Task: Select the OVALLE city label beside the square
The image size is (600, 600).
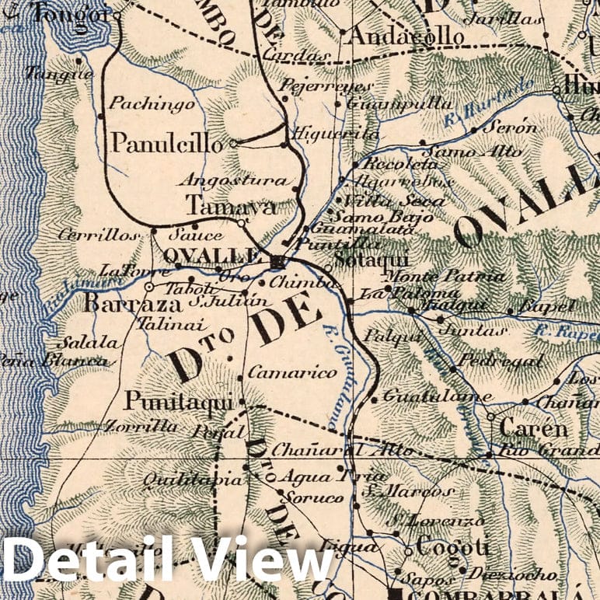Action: [x=211, y=255]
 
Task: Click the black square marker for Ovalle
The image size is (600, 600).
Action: [x=277, y=261]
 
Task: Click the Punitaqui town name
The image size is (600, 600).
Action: [x=179, y=402]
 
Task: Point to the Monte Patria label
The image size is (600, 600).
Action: [x=445, y=277]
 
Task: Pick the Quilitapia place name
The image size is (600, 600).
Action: [x=193, y=480]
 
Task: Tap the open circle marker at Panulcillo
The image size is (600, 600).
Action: [x=232, y=143]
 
